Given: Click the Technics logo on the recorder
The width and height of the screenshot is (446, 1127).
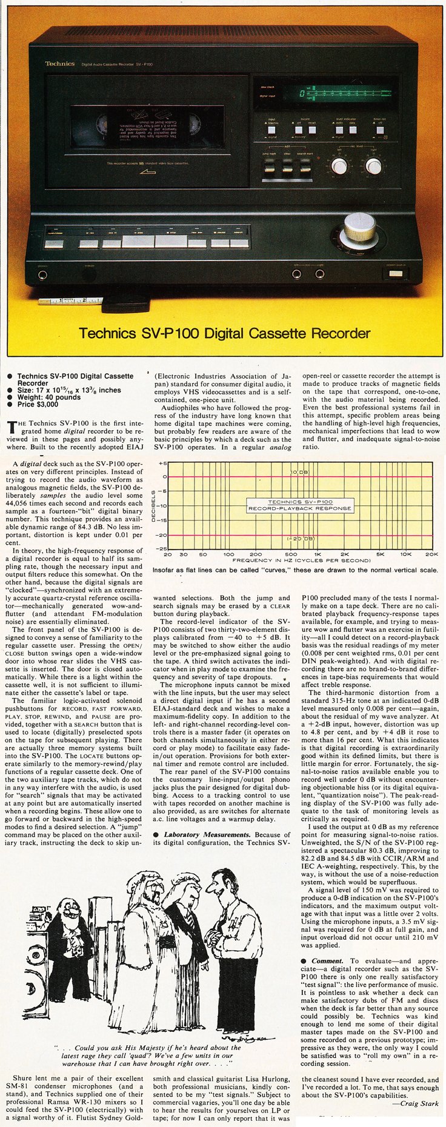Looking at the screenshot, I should tap(60, 63).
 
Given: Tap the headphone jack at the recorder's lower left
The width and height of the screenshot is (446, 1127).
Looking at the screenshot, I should tap(42, 274).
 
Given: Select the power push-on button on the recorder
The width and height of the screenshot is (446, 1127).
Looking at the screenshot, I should tap(396, 274).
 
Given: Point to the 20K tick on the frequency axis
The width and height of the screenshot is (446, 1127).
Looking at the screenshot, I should tap(431, 554).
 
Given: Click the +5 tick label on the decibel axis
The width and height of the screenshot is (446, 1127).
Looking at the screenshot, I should tap(162, 464).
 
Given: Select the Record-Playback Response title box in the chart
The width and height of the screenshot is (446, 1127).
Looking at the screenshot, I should tap(300, 505).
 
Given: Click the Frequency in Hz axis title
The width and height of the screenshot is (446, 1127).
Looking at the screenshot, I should tap(300, 560).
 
